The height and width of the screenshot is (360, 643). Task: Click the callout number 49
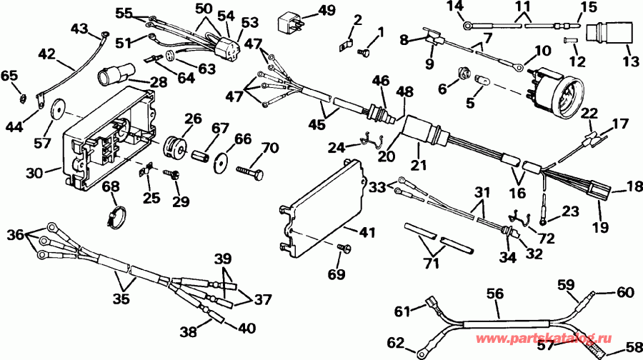pos(326,10)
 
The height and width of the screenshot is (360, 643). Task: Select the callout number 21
pos(417,166)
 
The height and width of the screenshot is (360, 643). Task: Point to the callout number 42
pos(46,54)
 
